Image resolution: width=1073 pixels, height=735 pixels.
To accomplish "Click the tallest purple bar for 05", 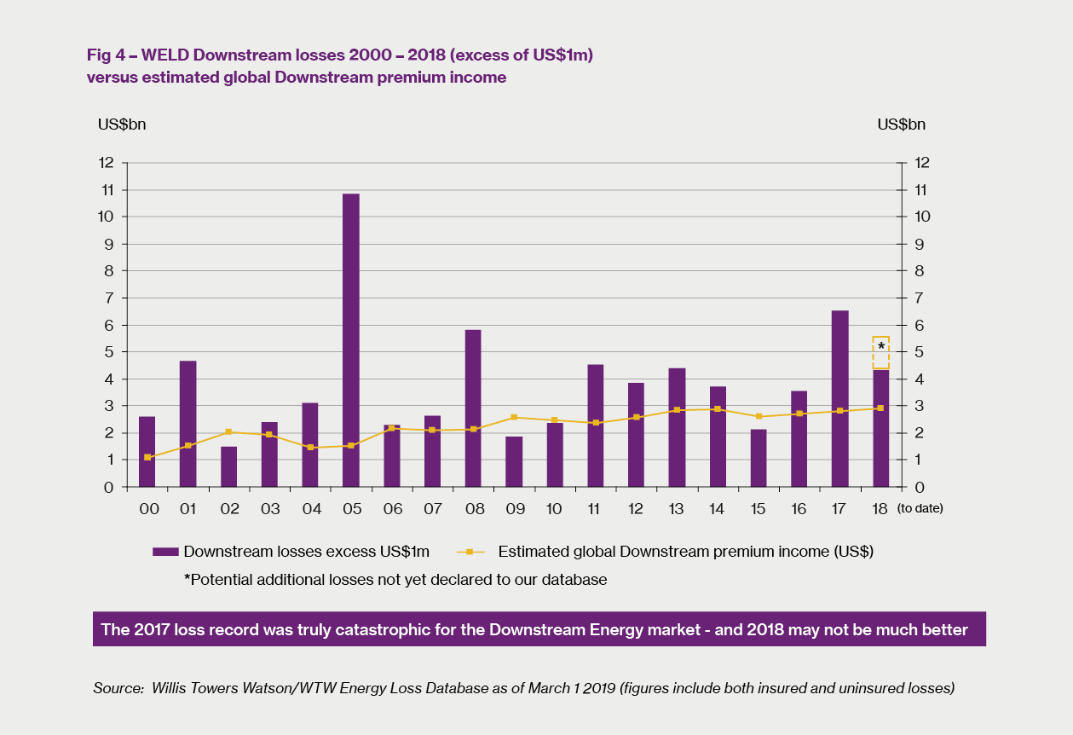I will [x=351, y=340].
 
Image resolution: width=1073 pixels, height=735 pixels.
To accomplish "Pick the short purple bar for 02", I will [x=228, y=466].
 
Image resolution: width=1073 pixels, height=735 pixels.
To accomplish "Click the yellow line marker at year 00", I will [x=147, y=457].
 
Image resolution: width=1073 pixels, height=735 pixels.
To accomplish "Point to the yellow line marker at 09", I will [x=514, y=417].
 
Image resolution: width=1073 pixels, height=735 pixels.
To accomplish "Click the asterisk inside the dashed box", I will [x=880, y=346].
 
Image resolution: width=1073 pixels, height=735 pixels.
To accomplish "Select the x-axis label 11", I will [x=595, y=509].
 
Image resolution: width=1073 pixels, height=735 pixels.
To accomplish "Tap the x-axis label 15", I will [x=758, y=509].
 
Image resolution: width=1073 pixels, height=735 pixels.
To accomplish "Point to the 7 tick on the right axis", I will [x=920, y=298].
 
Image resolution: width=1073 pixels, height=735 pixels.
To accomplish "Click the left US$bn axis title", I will [x=122, y=124].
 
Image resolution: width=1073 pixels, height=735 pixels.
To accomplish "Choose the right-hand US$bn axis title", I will [x=901, y=124].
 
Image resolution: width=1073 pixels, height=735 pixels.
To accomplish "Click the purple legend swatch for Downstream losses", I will [x=164, y=552].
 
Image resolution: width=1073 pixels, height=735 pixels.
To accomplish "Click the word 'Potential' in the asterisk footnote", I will [x=221, y=580].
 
